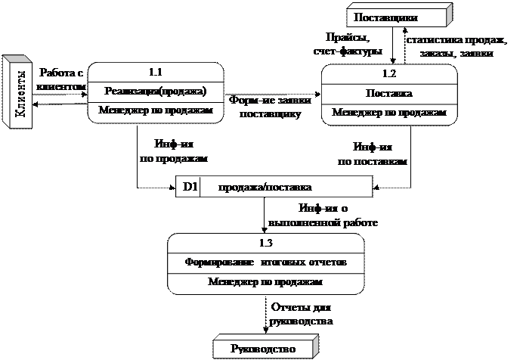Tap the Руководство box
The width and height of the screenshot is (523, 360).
pyautogui.click(x=264, y=349)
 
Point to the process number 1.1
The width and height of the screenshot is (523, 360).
pyautogui.click(x=156, y=73)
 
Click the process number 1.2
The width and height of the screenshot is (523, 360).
pyautogui.click(x=389, y=74)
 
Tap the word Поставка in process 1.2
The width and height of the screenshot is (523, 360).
pyautogui.click(x=388, y=94)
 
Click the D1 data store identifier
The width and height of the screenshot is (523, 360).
pyautogui.click(x=189, y=186)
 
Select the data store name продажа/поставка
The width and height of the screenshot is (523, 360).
pyautogui.click(x=265, y=186)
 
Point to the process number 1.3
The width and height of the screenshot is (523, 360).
pyautogui.click(x=265, y=243)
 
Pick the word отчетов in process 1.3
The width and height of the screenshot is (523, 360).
pyautogui.click(x=329, y=262)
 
